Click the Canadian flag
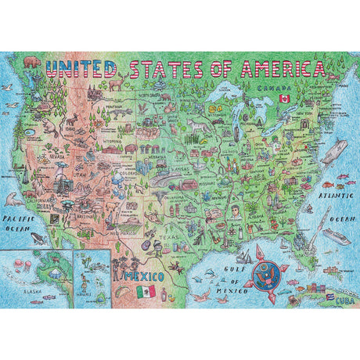tap(286, 99)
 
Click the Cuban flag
tap(329, 300)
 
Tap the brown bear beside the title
tap(31, 60)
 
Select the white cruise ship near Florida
tap(332, 236)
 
